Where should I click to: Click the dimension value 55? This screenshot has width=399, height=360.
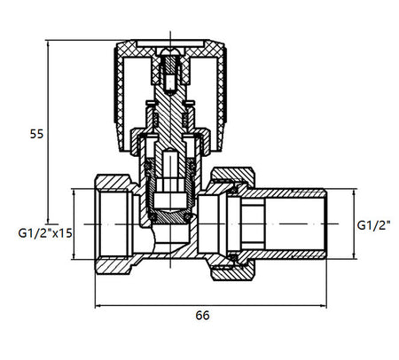click(x=36, y=134)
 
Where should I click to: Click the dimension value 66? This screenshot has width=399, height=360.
click(x=202, y=316)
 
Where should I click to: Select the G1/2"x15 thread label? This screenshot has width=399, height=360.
click(x=45, y=233)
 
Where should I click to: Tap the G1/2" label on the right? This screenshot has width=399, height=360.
click(x=373, y=225)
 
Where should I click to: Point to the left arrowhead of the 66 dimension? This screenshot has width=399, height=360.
click(x=98, y=305)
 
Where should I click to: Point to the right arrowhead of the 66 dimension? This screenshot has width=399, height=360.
click(x=324, y=305)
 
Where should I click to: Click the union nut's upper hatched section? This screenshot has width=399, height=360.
click(x=233, y=176)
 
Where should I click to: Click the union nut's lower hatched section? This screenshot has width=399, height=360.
click(x=233, y=271)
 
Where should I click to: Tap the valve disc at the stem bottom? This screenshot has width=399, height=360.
click(x=171, y=218)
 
